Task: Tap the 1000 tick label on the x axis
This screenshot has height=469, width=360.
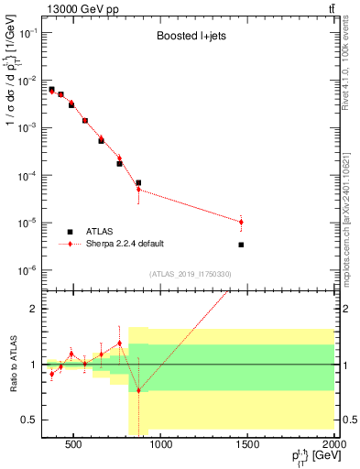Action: coord(161,447)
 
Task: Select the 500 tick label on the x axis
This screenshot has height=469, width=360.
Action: coord(74,447)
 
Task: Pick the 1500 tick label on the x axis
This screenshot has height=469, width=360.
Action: coord(247,447)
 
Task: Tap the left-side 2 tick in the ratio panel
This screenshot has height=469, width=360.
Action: coord(34,309)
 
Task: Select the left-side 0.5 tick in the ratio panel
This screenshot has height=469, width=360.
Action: coord(30,420)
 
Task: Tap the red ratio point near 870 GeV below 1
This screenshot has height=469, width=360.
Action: coord(138,390)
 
